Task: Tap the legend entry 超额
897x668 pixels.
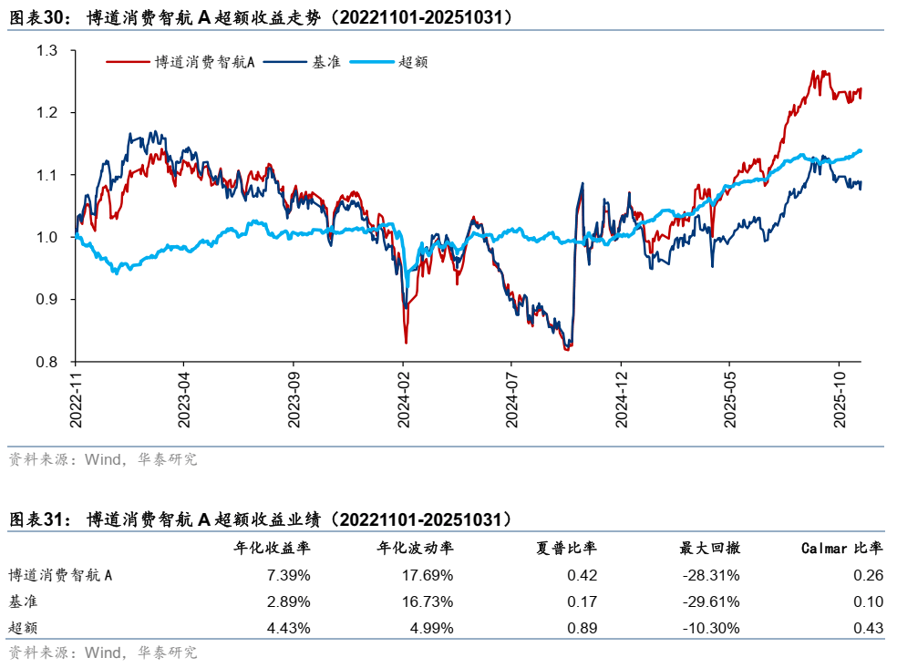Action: [414, 62]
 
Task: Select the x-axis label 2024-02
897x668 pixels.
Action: [405, 398]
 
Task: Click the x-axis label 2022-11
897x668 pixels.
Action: [77, 398]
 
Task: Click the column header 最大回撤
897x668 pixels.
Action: [709, 548]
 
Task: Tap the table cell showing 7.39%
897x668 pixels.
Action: [290, 575]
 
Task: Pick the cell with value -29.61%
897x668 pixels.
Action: [714, 601]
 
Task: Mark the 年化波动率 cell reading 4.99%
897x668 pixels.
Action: [432, 627]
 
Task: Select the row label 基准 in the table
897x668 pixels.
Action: [24, 601]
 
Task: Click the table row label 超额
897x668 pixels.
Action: [24, 627]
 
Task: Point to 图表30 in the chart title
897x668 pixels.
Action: [38, 17]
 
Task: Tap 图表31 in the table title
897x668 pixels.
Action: [38, 519]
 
